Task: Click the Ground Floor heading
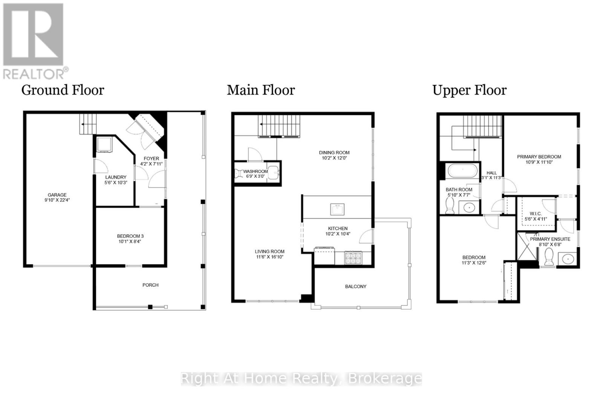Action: pyautogui.click(x=63, y=90)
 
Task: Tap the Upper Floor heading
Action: pyautogui.click(x=469, y=90)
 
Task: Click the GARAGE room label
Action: pyautogui.click(x=57, y=195)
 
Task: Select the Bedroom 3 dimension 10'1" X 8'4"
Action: pyautogui.click(x=130, y=242)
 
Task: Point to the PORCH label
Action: pyautogui.click(x=150, y=285)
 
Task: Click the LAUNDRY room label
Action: pyautogui.click(x=116, y=177)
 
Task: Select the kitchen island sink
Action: pyautogui.click(x=337, y=209)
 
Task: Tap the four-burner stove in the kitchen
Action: pyautogui.click(x=353, y=258)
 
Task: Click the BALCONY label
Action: pyautogui.click(x=355, y=286)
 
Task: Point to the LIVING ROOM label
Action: pyautogui.click(x=269, y=251)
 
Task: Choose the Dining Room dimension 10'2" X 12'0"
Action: pyautogui.click(x=334, y=158)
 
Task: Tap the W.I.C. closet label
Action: pyautogui.click(x=536, y=214)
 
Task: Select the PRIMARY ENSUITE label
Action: pyautogui.click(x=550, y=239)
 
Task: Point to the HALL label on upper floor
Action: pyautogui.click(x=491, y=173)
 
